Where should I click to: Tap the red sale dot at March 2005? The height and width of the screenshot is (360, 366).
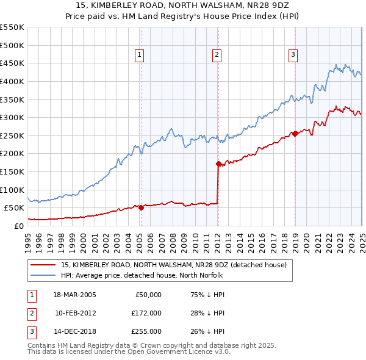pyautogui.click(x=141, y=207)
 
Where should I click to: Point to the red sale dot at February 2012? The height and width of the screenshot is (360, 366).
pyautogui.click(x=218, y=164)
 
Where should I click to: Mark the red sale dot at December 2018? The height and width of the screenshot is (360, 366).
pyautogui.click(x=295, y=134)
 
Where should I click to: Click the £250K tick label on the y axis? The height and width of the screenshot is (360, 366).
pyautogui.click(x=12, y=135)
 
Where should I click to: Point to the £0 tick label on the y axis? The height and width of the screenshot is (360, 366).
pyautogui.click(x=18, y=226)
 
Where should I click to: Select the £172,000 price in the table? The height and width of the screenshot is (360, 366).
pyautogui.click(x=147, y=313)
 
